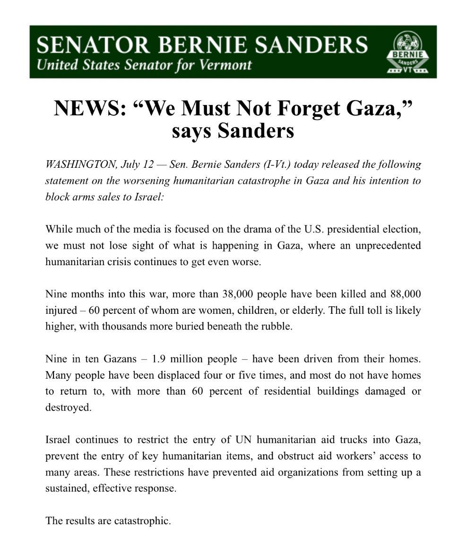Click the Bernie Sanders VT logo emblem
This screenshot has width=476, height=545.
tap(407, 52)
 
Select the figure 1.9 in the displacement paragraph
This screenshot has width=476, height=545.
tap(159, 359)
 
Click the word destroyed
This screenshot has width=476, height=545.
tap(68, 407)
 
